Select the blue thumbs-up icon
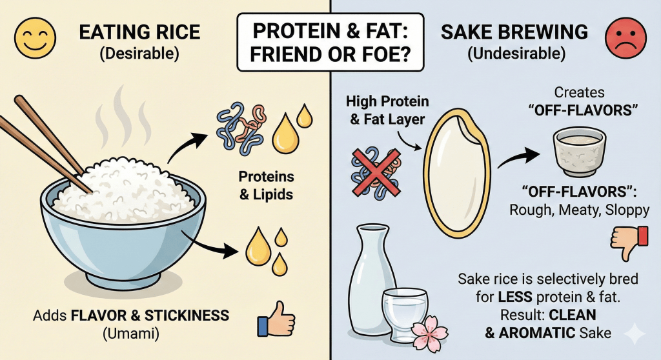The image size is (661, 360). (x=275, y=322)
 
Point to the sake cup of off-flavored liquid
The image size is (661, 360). (x=580, y=150)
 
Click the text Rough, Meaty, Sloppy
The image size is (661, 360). (x=562, y=210)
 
